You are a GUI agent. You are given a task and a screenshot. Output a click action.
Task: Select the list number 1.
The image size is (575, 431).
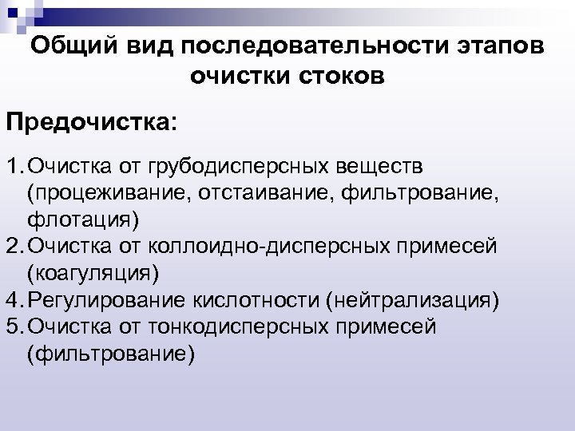(x=14, y=168)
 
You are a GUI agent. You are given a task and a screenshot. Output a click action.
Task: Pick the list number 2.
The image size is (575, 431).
(x=14, y=246)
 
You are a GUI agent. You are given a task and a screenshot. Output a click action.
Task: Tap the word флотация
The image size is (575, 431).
(x=79, y=220)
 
